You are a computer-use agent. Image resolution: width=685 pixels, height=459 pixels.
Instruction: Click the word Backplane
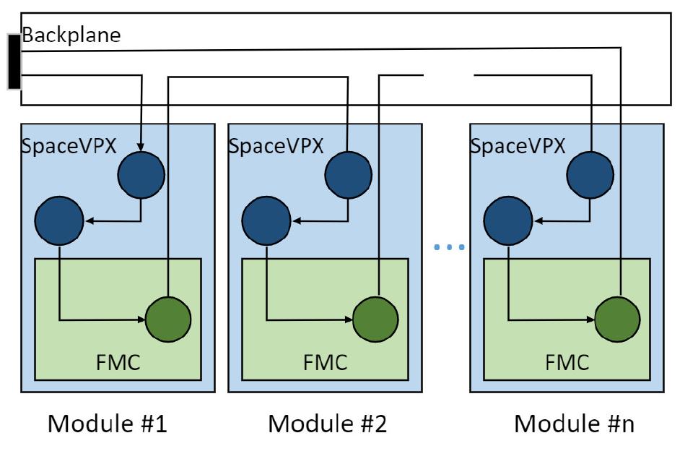70,35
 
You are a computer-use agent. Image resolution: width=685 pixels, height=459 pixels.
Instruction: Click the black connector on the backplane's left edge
14,61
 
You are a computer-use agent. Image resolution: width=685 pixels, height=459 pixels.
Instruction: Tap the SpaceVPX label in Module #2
271,145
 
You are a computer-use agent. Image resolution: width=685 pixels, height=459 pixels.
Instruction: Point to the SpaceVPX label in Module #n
512,145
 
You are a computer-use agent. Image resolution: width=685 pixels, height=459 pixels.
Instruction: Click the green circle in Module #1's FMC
168,319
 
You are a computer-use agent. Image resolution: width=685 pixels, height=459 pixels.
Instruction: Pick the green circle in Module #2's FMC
375,319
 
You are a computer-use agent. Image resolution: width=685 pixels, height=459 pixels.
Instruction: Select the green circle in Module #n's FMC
617,319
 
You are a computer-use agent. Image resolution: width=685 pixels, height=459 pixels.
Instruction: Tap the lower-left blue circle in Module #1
58,218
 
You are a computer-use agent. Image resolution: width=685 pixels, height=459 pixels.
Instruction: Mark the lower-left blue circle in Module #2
265,218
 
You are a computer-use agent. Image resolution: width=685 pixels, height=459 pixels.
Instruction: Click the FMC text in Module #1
117,361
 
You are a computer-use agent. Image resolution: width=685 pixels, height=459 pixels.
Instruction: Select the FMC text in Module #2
324,361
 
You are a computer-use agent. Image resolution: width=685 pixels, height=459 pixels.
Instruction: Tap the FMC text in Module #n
566,361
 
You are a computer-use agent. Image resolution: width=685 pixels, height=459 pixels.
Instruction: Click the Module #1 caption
108,424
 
